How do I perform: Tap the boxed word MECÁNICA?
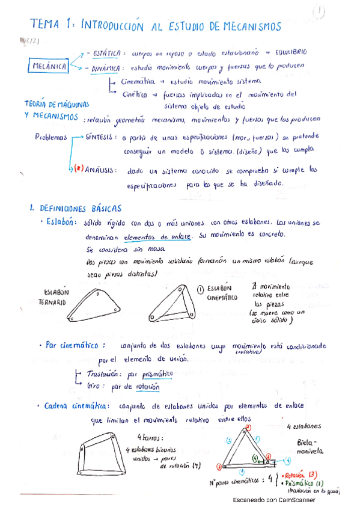[x=50, y=67]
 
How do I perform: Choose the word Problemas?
[x=50, y=138]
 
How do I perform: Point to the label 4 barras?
[x=148, y=438]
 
